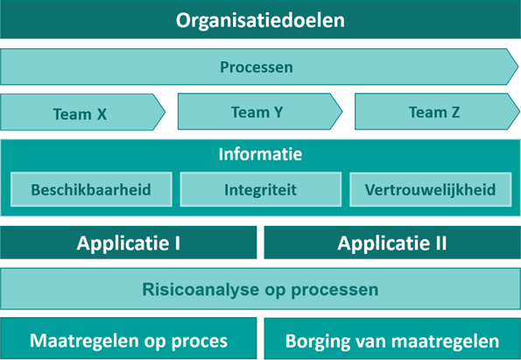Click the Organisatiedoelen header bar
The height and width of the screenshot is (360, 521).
coord(260,19)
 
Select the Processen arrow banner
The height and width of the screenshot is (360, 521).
coord(257,67)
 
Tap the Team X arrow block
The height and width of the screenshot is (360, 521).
coord(81,113)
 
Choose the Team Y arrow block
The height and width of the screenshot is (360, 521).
coord(257,112)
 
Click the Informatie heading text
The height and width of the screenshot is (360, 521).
coord(260,155)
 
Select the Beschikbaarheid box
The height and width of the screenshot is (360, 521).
coord(90,189)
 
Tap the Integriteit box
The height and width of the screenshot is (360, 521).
coord(260,189)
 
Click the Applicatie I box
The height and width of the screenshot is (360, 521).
coord(129,244)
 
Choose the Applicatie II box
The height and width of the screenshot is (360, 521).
coord(391,244)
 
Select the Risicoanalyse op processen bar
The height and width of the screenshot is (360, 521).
coord(260,289)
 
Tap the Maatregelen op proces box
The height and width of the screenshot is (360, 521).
coord(129,340)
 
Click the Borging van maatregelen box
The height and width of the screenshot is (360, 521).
coord(391,340)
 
